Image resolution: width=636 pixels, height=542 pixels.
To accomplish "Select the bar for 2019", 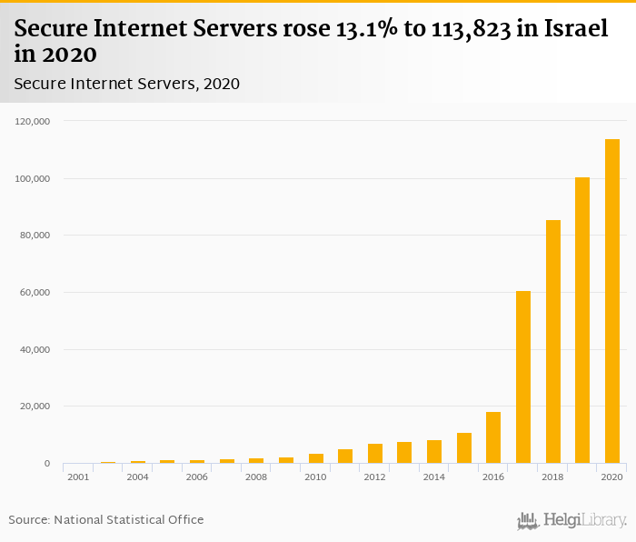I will point(582,320).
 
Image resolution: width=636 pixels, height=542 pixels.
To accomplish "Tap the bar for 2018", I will point(552,342).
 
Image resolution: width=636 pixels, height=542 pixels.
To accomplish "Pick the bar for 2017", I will point(523,377).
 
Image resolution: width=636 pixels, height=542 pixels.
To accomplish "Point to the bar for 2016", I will point(493,437).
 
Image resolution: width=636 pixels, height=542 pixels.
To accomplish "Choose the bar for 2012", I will point(375,454).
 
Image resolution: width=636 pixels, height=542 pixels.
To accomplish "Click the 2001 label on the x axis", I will point(78,477).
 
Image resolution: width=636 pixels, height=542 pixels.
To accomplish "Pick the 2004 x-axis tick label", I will point(138,477).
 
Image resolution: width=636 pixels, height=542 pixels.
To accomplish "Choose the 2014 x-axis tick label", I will point(434,477).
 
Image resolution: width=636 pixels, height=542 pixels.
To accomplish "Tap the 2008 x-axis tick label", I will point(256,477).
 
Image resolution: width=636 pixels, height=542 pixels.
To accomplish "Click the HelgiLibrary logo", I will point(571,520).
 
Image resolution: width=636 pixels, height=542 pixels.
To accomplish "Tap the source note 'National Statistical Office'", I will point(128,519).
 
